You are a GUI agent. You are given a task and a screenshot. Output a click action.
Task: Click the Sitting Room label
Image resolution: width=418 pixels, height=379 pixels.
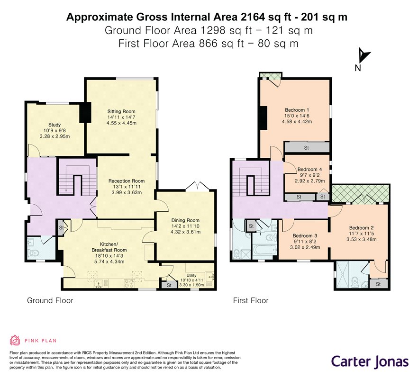121,111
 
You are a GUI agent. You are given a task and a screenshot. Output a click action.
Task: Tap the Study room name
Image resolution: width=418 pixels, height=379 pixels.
55,125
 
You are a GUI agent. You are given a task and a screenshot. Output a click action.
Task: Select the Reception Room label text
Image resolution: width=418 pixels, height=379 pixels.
127,181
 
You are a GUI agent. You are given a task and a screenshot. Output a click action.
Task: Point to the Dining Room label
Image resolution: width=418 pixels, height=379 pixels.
185,220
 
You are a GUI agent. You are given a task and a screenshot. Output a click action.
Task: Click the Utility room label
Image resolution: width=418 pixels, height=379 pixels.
191,275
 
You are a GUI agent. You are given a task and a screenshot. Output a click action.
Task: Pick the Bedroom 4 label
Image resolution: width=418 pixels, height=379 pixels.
309,170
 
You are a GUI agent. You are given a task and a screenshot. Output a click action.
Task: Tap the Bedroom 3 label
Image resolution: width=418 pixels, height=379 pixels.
305,236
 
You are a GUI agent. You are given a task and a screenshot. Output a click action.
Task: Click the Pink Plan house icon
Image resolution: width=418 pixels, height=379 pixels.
15,340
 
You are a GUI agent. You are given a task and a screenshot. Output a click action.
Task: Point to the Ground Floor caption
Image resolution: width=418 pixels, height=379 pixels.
50,300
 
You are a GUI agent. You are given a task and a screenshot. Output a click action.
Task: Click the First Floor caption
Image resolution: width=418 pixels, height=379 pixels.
251,300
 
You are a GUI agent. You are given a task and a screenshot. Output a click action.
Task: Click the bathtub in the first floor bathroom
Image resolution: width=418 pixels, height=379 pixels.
265,250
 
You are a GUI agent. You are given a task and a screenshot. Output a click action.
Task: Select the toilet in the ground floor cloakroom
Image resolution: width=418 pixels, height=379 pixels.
33,253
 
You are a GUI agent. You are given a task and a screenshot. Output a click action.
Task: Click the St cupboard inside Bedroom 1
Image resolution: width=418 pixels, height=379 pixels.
306,148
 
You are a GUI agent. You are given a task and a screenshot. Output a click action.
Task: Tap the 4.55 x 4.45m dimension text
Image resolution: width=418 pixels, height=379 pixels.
121,123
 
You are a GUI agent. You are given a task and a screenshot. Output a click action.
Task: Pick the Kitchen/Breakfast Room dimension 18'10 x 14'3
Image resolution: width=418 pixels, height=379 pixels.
109,256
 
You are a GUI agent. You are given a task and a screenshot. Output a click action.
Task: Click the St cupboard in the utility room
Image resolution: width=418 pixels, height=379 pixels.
169,285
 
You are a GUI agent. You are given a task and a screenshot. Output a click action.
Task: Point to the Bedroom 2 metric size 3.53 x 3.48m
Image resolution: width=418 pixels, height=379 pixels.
361,239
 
